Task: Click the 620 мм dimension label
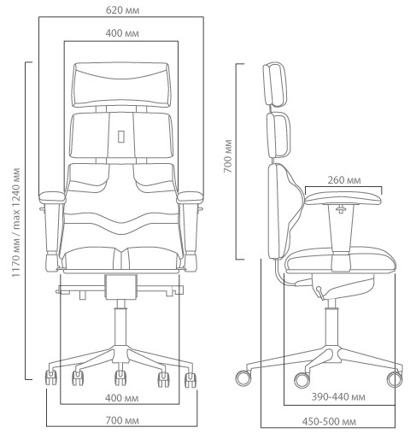point(122,10)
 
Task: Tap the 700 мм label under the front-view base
point(122,420)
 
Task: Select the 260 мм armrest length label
point(344,180)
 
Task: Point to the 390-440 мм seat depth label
point(338,396)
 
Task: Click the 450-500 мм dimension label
point(329,421)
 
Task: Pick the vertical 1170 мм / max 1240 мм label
point(16,223)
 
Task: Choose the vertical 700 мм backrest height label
point(228,156)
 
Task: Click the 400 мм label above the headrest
point(122,33)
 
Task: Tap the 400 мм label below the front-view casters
point(122,398)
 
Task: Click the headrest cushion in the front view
point(122,85)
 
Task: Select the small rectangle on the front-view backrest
point(121,136)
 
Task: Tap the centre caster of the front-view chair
point(120,377)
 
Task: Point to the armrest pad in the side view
point(343,198)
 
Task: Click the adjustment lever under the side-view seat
point(320,293)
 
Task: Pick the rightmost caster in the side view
point(395,379)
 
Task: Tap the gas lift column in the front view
point(121,323)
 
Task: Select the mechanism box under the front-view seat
point(121,287)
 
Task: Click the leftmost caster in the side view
point(244,378)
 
